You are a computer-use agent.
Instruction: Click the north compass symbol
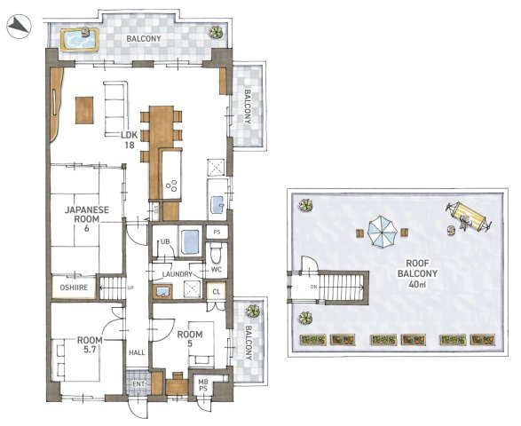19,27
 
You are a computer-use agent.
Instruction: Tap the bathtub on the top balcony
80,40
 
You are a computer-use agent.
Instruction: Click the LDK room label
130,140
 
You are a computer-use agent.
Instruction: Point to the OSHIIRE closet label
74,287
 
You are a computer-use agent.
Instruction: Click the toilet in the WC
217,253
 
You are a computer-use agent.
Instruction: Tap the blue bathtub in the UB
191,241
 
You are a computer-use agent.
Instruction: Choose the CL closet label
217,292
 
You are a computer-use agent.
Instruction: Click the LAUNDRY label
178,274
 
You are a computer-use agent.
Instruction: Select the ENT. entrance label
139,384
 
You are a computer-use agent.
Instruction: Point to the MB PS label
203,385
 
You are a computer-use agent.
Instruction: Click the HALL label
137,352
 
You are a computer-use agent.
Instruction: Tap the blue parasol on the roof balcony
383,232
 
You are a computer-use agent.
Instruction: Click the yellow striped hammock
468,217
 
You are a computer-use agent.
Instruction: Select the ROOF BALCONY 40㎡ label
417,273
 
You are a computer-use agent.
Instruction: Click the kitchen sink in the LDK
217,204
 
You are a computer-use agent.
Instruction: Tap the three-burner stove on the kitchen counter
172,185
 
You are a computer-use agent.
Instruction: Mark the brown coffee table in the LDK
84,110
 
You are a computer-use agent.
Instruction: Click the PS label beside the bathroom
217,233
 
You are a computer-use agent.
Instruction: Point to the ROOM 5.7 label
90,345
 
